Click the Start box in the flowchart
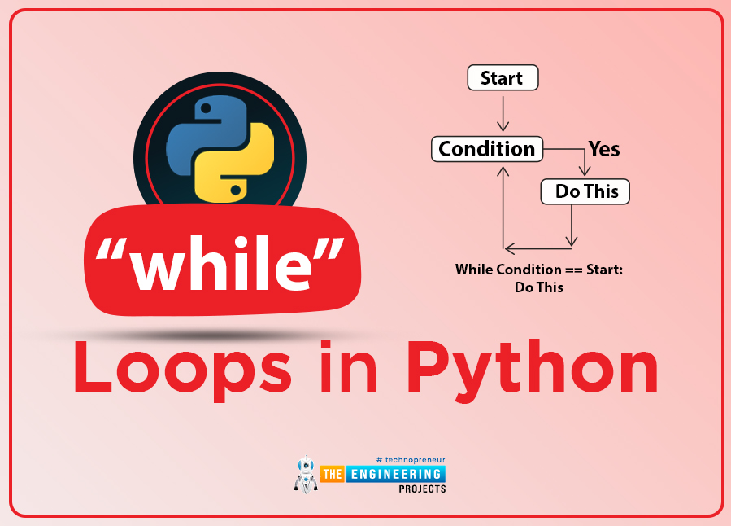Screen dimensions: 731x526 click(503, 77)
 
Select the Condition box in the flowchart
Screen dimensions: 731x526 click(487, 149)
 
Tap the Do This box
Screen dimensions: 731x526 click(585, 191)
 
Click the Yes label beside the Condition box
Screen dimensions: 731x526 click(604, 149)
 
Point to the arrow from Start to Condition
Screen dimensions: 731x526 click(503, 113)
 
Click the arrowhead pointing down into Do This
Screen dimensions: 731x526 click(585, 169)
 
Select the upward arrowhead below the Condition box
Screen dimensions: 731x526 click(503, 172)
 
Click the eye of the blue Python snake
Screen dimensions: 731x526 click(205, 108)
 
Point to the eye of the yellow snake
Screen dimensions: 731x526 click(236, 190)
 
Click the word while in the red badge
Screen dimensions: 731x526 click(220, 263)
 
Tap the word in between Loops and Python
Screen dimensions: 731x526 click(348, 366)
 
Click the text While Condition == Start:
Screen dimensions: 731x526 click(539, 270)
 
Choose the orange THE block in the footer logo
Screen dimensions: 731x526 click(332, 474)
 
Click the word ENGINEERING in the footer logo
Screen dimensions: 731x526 click(395, 474)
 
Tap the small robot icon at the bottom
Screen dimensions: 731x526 click(306, 474)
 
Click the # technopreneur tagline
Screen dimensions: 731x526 click(411, 460)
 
